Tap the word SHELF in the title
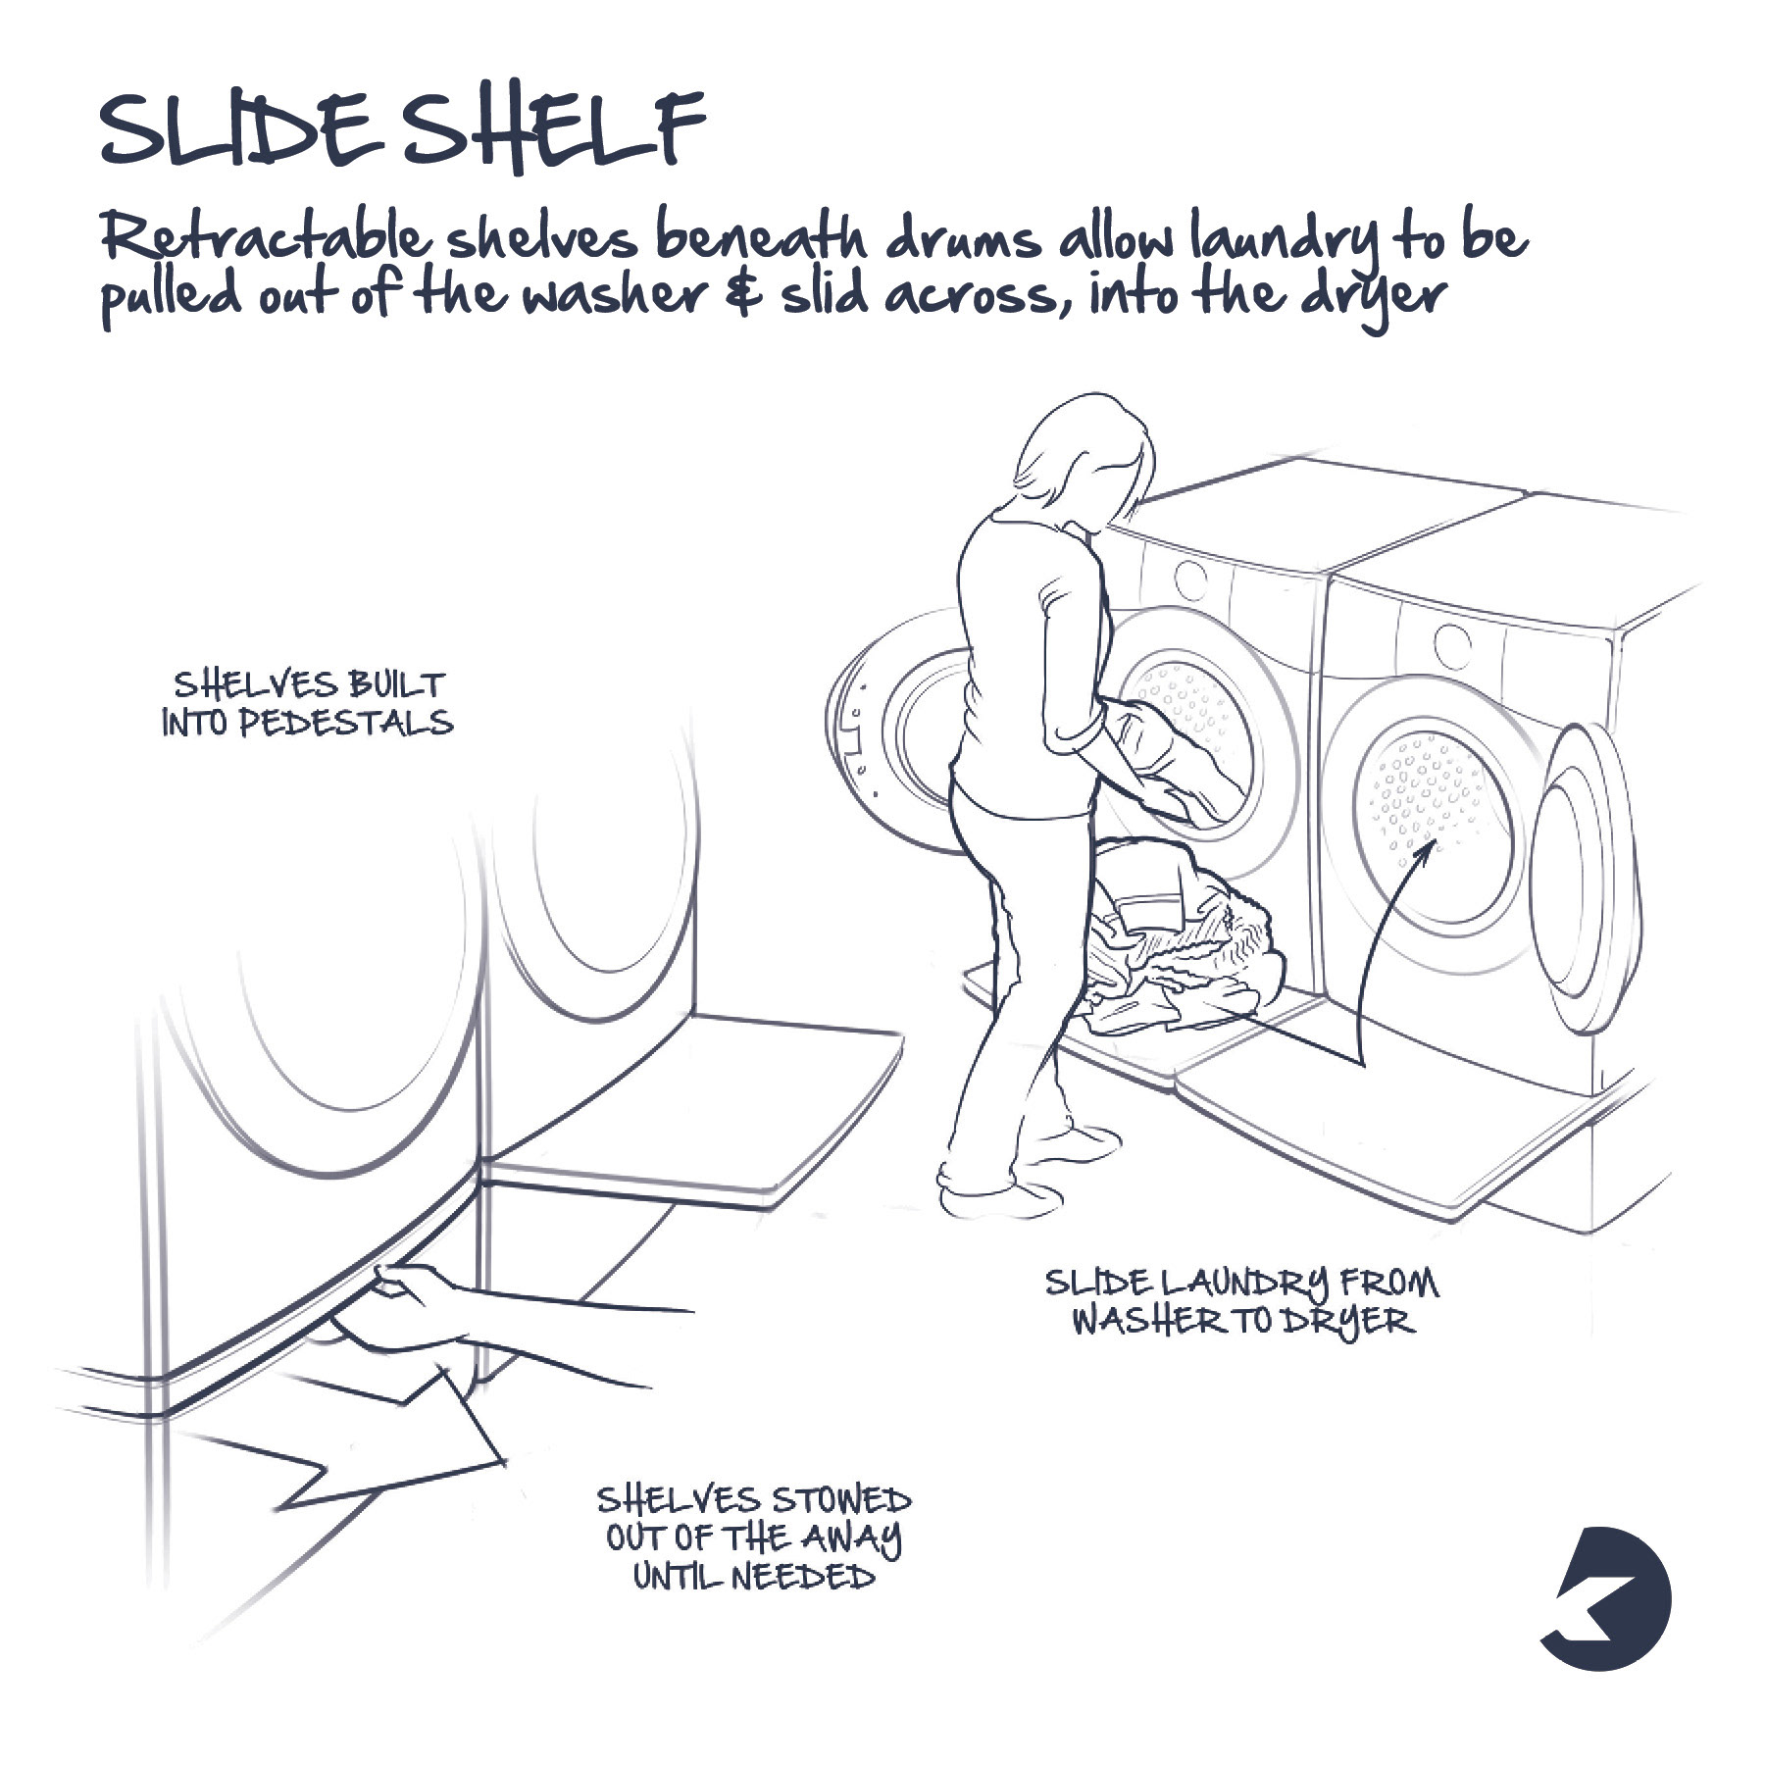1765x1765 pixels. (554, 132)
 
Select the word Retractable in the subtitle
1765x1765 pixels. (265, 238)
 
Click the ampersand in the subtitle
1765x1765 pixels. (744, 294)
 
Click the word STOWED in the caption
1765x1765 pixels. (840, 1500)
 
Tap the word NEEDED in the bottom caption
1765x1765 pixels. (802, 1578)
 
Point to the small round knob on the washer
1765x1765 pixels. (1190, 578)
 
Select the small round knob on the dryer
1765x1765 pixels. (1452, 643)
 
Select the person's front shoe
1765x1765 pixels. (1074, 1142)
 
